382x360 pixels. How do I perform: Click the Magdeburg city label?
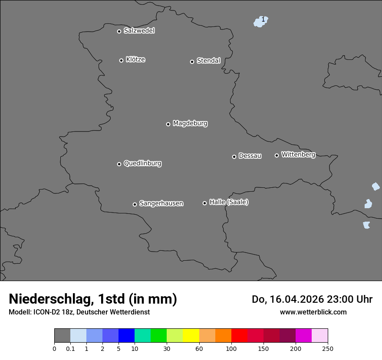(x=190, y=124)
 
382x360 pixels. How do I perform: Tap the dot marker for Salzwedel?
(x=119, y=31)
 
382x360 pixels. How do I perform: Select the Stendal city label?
(x=208, y=61)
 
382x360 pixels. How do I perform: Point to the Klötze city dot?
(x=121, y=60)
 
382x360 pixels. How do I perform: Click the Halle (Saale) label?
(x=229, y=202)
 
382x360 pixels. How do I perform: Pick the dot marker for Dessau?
(x=234, y=157)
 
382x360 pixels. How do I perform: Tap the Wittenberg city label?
(x=298, y=154)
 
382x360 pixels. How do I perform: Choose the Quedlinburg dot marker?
(x=119, y=164)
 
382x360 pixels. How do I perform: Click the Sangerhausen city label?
(x=161, y=203)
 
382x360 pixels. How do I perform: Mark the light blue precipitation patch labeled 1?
(x=260, y=21)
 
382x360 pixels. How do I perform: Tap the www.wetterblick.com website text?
(x=313, y=312)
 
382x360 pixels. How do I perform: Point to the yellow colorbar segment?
(x=191, y=336)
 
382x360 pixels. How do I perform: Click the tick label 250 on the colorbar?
(x=328, y=349)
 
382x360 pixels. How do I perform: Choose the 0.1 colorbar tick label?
(x=70, y=349)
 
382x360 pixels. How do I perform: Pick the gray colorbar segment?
(x=62, y=336)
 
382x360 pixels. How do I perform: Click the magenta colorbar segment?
(x=303, y=336)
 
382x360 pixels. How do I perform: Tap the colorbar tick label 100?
(x=231, y=349)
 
